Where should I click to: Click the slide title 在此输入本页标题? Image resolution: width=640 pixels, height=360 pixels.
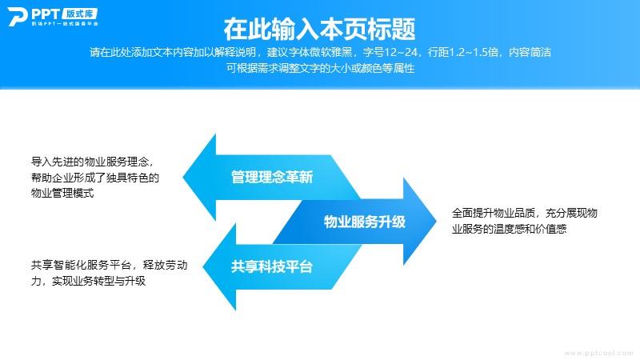[x=319, y=29]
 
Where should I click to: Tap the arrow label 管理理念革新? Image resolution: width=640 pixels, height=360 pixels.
[x=272, y=177]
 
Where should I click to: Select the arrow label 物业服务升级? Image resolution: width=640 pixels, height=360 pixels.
[x=365, y=222]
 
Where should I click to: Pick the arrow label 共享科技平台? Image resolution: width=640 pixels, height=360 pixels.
[x=272, y=266]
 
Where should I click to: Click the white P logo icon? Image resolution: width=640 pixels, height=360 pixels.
[x=17, y=16]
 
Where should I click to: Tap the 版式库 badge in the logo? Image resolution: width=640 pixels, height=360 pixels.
[x=79, y=14]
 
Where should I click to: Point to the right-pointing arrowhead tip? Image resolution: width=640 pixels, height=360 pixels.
[x=436, y=222]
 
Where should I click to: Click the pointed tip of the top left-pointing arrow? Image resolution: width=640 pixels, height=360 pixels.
[x=183, y=177]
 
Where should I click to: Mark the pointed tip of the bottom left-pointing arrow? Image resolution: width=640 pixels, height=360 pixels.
[x=203, y=267]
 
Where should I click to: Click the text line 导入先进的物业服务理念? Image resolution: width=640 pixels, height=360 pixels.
[x=92, y=162]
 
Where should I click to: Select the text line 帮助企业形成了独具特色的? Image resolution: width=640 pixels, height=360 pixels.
[x=95, y=178]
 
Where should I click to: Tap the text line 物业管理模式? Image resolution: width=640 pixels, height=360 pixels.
[x=62, y=193]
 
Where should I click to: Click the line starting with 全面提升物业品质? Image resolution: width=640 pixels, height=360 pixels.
[x=525, y=213]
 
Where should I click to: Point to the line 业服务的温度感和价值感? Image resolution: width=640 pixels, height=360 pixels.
[x=509, y=229]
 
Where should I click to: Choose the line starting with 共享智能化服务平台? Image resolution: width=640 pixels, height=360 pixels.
[x=110, y=266]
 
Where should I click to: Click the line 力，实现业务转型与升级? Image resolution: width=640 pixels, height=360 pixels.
[x=88, y=282]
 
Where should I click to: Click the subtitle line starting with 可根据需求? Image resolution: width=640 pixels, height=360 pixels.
[x=320, y=68]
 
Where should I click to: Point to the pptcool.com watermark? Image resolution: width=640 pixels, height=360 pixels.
[x=598, y=353]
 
